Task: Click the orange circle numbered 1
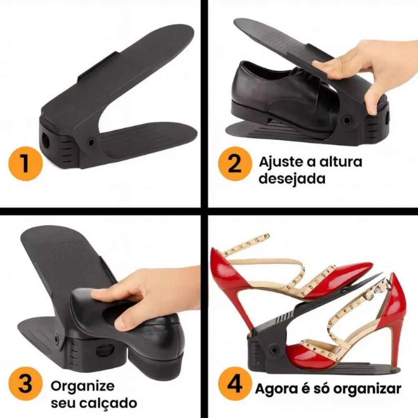[26, 163]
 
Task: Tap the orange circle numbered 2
[235, 163]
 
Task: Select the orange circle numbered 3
[26, 384]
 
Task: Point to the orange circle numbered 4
[235, 384]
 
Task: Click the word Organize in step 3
[82, 386]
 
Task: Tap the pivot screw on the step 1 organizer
[91, 142]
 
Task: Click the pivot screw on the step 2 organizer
[347, 120]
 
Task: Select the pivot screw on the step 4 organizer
[274, 350]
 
